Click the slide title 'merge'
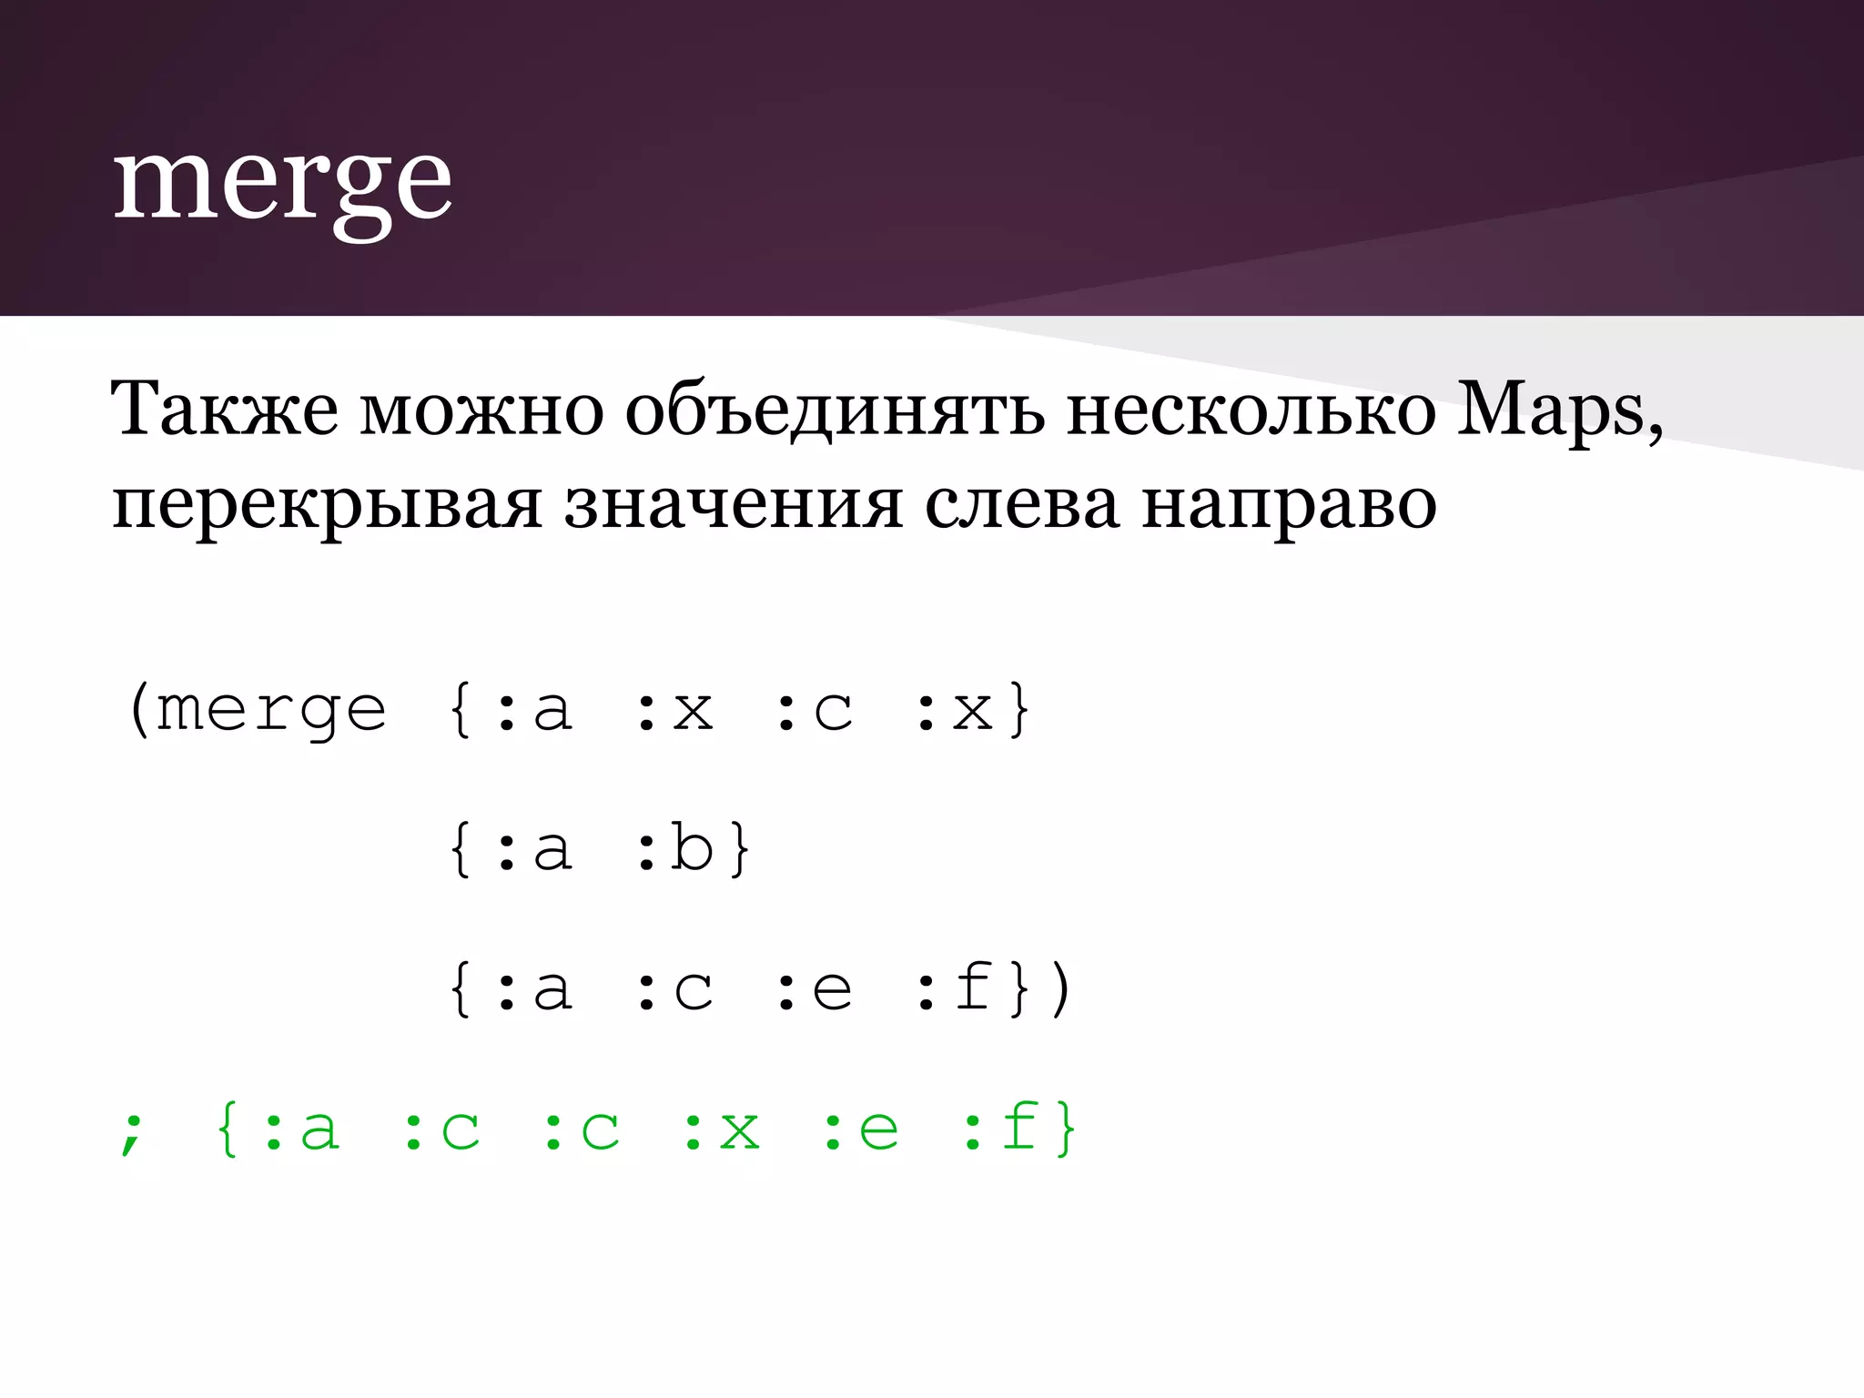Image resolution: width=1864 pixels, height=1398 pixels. coord(282,182)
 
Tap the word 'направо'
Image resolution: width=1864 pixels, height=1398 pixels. coord(1289,505)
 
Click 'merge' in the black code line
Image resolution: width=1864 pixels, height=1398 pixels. coord(271,711)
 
